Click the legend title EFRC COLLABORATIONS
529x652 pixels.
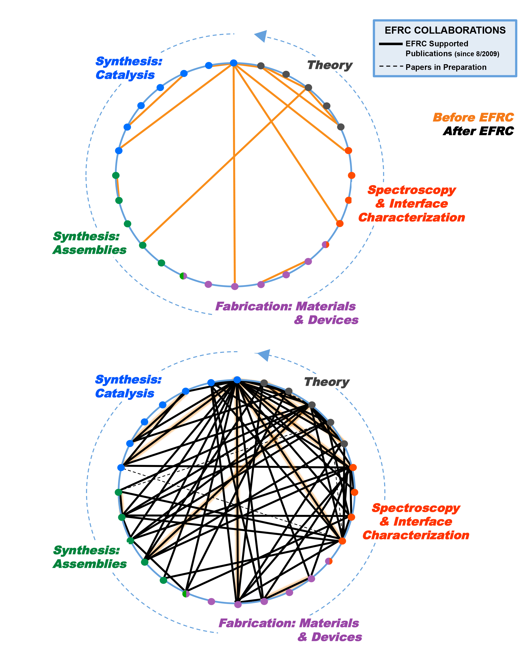coord(445,31)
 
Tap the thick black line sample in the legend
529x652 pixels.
coord(391,44)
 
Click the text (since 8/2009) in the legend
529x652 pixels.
coord(477,54)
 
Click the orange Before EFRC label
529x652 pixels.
coord(473,117)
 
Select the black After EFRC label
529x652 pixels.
coord(478,131)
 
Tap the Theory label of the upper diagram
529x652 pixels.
coord(330,65)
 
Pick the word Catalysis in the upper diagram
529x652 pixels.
coord(125,75)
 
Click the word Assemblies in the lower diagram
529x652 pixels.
coord(90,564)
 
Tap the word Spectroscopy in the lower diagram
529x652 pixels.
coord(416,508)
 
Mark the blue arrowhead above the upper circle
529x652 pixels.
coord(261,36)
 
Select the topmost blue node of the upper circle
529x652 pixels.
coord(233,63)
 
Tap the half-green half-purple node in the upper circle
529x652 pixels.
coord(183,276)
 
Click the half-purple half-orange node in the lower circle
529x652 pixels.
coord(329,561)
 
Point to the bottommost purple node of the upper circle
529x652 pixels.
coord(235,286)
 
